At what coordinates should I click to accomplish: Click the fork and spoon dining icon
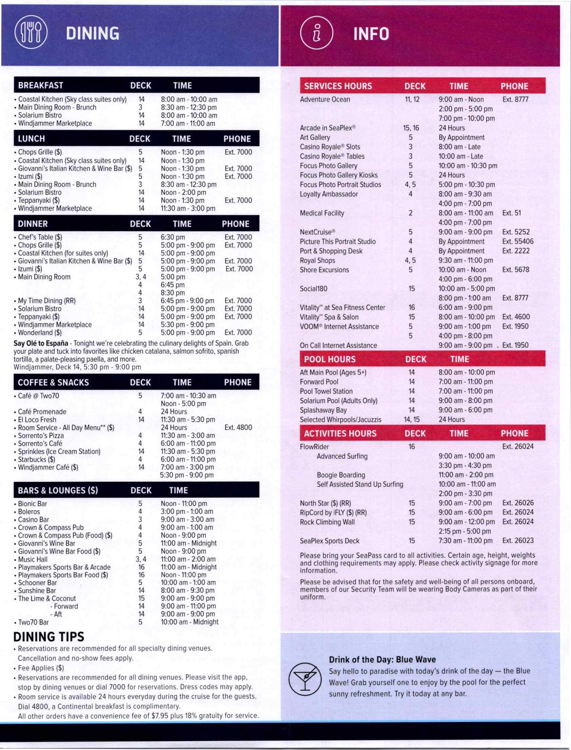31,33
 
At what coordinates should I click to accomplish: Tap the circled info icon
316,34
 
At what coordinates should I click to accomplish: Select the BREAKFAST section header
41,85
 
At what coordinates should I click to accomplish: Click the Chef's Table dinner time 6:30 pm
173,237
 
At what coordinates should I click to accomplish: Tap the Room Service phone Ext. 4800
238,427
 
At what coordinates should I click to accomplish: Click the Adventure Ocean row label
324,100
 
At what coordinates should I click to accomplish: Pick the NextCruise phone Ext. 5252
516,232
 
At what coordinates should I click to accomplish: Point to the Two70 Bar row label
33,622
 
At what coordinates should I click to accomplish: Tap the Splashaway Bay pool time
465,410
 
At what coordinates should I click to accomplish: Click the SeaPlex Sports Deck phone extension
518,541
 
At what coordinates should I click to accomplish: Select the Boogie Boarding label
340,475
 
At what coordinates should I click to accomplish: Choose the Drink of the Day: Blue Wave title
382,659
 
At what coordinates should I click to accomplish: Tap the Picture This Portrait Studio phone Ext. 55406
518,242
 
